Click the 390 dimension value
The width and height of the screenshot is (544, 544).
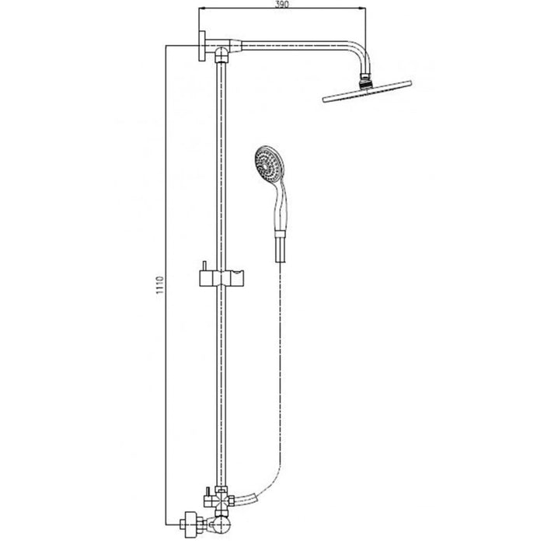click(x=282, y=5)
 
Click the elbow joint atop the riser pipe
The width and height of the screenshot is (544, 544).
click(x=225, y=54)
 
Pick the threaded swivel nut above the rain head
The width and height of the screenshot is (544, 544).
click(x=363, y=78)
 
